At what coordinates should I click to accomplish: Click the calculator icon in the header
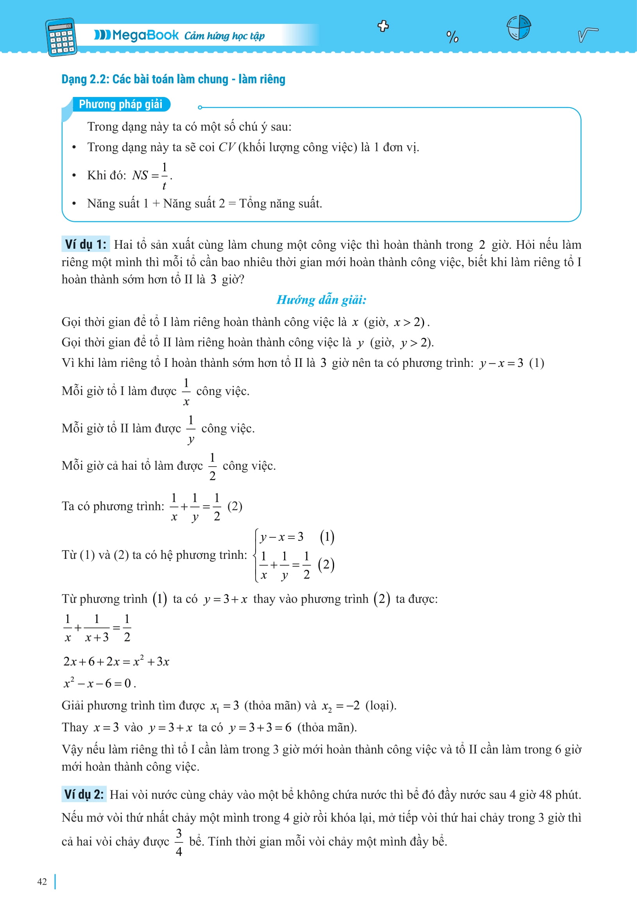coord(61,37)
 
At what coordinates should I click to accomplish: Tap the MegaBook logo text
coord(137,35)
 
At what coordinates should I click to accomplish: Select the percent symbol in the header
coord(452,37)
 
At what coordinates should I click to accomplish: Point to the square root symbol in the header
coord(587,34)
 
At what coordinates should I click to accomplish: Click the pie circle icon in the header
coord(519,27)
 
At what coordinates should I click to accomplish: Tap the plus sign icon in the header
coord(383,26)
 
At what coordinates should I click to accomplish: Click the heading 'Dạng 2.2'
coord(173,79)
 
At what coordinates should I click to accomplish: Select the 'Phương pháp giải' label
coord(120,104)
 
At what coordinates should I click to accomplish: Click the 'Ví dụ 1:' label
coord(86,244)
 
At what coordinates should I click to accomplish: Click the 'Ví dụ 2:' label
coord(84,794)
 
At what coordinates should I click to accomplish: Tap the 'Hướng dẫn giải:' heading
coord(321,300)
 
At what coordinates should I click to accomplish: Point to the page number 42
coord(42,882)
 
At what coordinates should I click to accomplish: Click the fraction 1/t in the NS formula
coord(164,176)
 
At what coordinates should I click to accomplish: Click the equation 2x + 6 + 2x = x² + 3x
coord(116,661)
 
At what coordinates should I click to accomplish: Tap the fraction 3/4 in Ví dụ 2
coord(179,842)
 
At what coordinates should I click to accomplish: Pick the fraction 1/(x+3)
coord(97,628)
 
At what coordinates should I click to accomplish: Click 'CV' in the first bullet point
coord(227,147)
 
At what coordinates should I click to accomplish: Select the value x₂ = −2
coord(341,706)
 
